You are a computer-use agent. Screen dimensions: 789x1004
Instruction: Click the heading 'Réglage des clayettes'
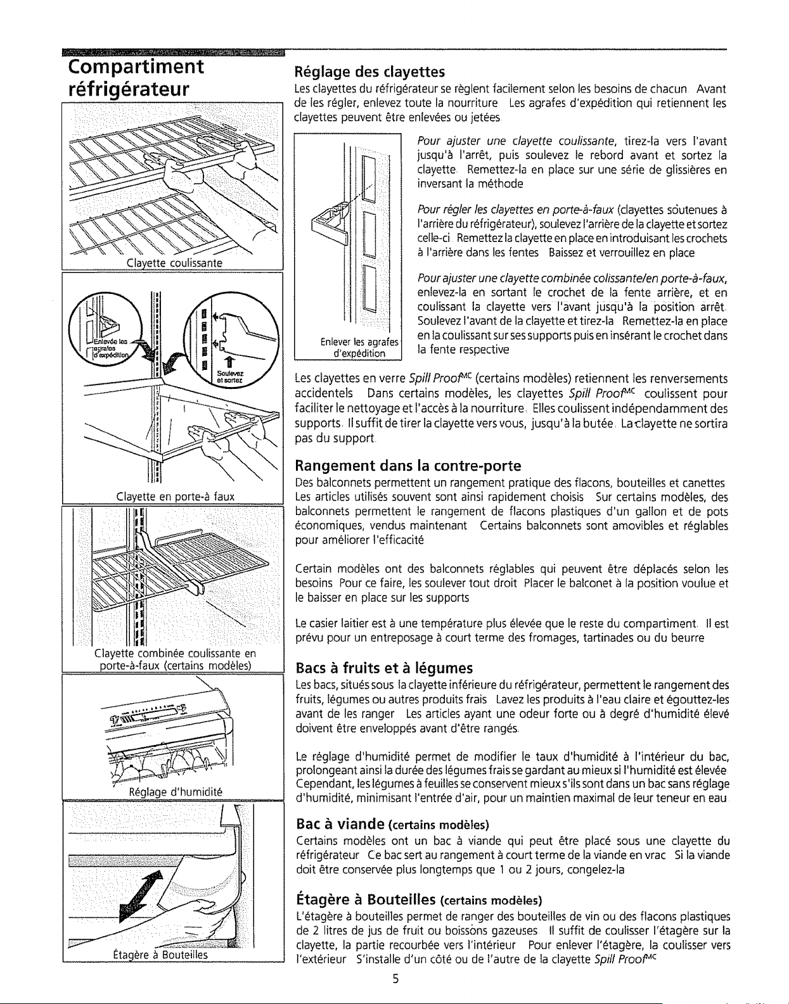(x=369, y=72)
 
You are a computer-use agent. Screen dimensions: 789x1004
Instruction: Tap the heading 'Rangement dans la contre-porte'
(x=407, y=466)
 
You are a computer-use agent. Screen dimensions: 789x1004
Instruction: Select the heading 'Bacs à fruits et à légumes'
(x=384, y=668)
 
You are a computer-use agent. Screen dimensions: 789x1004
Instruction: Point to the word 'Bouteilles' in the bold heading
(x=401, y=899)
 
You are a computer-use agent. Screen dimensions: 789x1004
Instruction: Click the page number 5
(x=395, y=978)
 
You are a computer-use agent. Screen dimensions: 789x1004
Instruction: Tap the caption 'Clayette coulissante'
(x=174, y=263)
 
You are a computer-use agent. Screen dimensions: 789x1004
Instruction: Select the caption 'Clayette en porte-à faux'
(x=175, y=496)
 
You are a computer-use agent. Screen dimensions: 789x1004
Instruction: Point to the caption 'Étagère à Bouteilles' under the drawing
(x=160, y=955)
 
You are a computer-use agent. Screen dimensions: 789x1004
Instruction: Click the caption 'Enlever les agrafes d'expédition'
(x=359, y=348)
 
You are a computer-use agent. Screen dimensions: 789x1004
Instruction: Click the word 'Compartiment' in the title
(x=136, y=67)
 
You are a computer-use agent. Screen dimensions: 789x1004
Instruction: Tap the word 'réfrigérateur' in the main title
(x=129, y=89)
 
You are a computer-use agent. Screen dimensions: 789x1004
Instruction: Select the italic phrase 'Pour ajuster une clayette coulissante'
(x=516, y=141)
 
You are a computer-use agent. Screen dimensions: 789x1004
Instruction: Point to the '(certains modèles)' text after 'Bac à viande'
(x=439, y=825)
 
